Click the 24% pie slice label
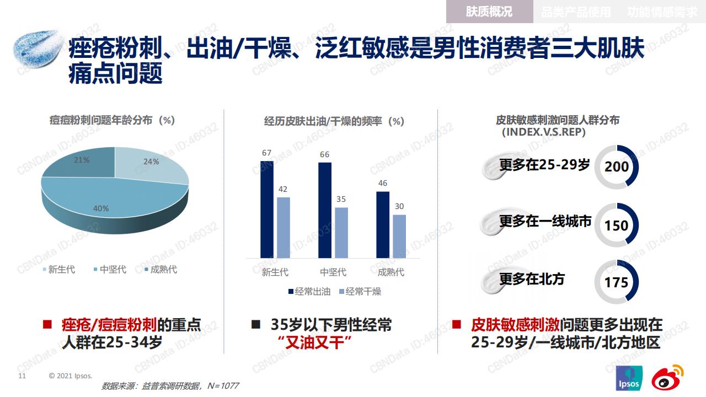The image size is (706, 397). click(151, 162)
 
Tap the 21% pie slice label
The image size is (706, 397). click(82, 160)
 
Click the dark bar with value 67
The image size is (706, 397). click(266, 210)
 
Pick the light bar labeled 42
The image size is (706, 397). click(284, 228)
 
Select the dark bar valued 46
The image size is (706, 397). click(383, 225)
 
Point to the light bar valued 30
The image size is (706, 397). click(399, 237)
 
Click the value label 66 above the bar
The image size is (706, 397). click(325, 154)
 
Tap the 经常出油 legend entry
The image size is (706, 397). click(309, 292)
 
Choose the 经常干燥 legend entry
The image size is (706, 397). click(360, 292)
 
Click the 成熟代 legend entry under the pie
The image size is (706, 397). click(161, 270)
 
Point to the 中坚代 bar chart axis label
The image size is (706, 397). click(333, 272)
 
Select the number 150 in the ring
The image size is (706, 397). click(617, 226)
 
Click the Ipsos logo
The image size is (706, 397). click(629, 378)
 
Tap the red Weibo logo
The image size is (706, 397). click(667, 378)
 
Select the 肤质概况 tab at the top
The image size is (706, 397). click(489, 12)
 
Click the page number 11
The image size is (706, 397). click(22, 375)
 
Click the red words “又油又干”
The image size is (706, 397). click(315, 342)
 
